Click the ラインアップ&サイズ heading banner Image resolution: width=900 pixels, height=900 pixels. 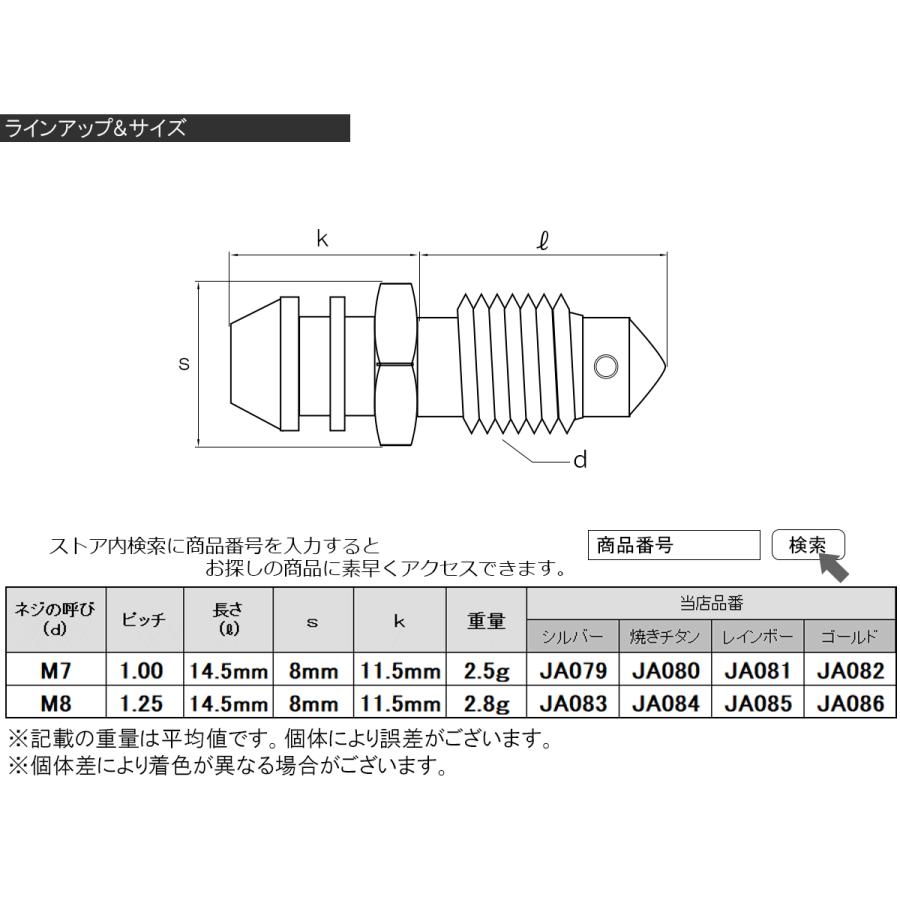click(175, 129)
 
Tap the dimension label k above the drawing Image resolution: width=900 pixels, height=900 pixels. click(323, 240)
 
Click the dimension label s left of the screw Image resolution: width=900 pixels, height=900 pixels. click(184, 365)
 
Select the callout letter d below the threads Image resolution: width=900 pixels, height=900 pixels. click(577, 461)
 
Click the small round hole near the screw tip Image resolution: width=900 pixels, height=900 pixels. click(604, 367)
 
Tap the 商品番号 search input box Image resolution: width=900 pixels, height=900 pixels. click(675, 545)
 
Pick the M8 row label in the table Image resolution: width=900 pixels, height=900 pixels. click(55, 703)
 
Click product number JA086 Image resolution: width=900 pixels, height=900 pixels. click(849, 703)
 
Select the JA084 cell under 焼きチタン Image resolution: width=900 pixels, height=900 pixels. click(669, 703)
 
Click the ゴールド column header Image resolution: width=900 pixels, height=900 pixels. click(849, 637)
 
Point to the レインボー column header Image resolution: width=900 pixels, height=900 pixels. click(758, 637)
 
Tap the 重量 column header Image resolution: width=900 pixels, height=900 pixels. click(487, 620)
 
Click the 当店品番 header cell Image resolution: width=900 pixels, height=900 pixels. click(710, 603)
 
